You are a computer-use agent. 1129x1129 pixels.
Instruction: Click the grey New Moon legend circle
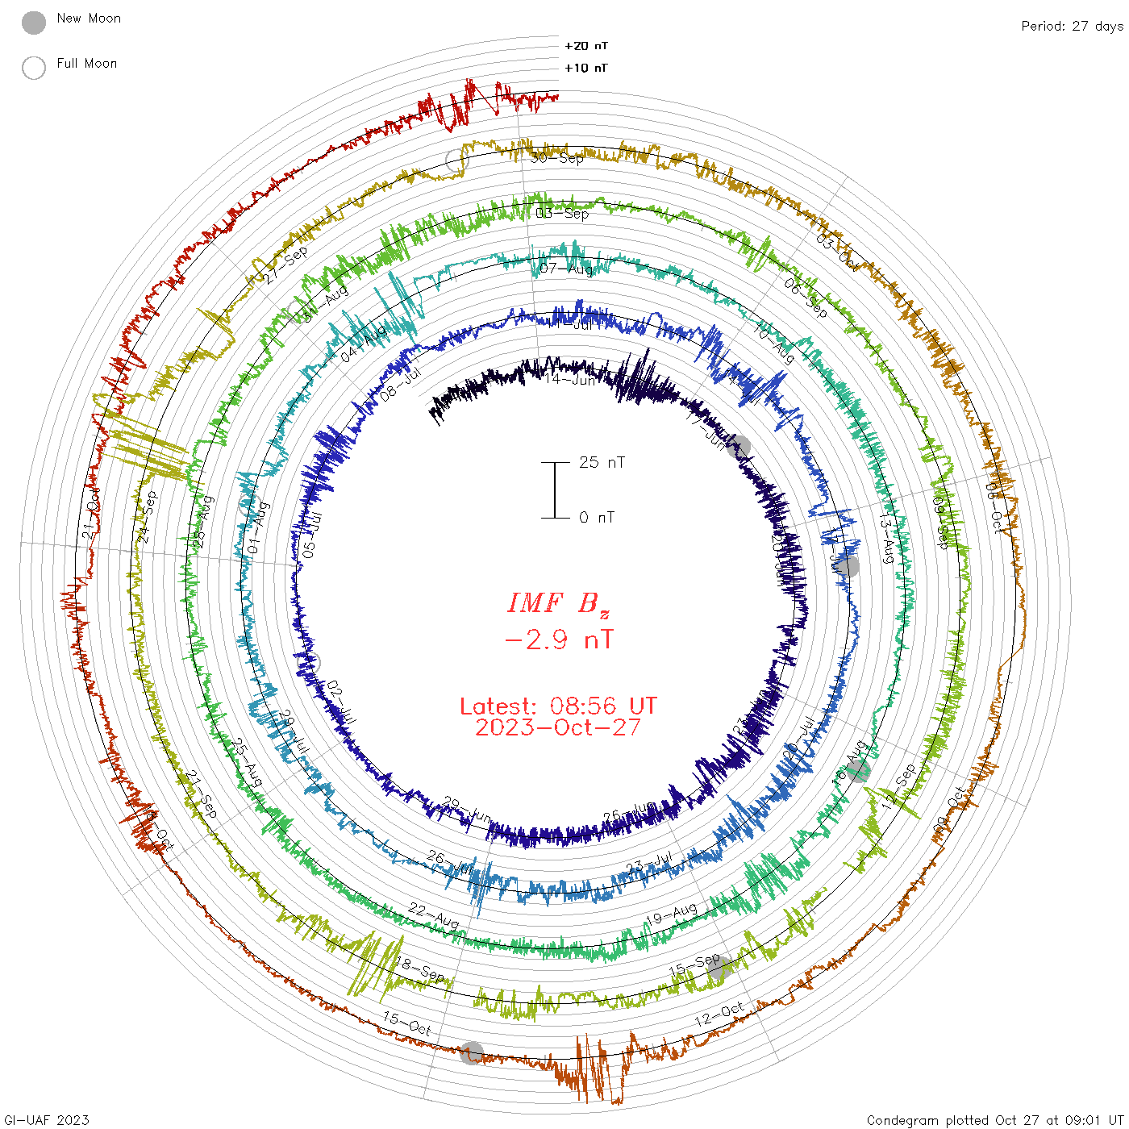click(x=34, y=23)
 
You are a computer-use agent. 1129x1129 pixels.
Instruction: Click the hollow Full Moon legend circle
click(x=34, y=68)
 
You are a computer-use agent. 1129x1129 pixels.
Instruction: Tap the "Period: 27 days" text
click(x=1072, y=27)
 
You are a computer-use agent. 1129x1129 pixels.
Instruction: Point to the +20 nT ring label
click(x=586, y=46)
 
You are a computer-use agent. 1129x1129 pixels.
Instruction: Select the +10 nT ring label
click(x=586, y=68)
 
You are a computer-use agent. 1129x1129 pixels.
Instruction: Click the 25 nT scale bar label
click(x=602, y=463)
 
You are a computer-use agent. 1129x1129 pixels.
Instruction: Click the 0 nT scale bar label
click(x=597, y=518)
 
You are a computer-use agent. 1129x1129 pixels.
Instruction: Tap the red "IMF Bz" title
click(x=558, y=603)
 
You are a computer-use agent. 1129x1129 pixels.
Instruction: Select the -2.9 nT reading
click(x=558, y=640)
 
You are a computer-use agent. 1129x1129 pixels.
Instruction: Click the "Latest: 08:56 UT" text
click(x=558, y=706)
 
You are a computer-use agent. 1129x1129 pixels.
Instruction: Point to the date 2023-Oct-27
click(x=558, y=727)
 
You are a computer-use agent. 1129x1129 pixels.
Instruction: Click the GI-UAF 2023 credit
click(x=46, y=1120)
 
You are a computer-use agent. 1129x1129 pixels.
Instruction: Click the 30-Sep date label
click(x=557, y=158)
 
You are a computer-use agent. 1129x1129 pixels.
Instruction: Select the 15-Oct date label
click(x=407, y=1024)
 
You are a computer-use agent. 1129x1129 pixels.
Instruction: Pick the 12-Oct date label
click(x=719, y=1014)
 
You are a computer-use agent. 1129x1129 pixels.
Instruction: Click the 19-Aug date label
click(x=672, y=914)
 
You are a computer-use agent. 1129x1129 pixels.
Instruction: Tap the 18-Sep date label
click(x=420, y=969)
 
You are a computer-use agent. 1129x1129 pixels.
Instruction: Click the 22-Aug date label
click(x=433, y=915)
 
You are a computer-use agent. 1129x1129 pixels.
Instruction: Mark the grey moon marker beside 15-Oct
click(x=472, y=1052)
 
